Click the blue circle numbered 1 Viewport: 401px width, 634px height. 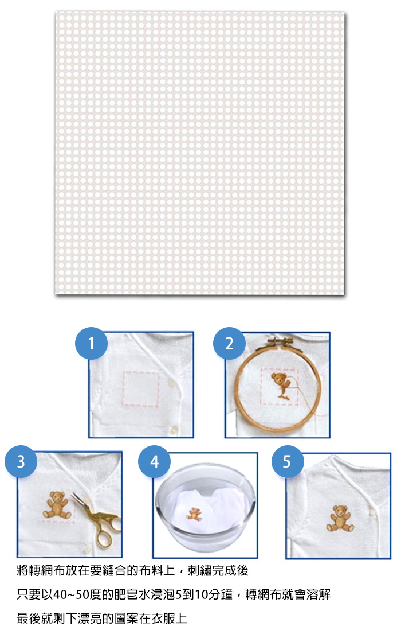91,343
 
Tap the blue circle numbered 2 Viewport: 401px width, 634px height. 229,343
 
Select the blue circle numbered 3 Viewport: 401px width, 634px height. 21,461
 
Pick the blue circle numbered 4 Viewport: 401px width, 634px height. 154,461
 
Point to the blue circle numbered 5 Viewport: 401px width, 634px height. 288,461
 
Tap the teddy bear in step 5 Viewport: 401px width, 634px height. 340,518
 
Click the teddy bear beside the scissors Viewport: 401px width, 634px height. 57,504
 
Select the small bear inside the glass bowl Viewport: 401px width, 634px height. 194,514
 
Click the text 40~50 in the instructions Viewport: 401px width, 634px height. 71,594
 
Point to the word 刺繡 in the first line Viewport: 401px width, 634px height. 200,570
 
